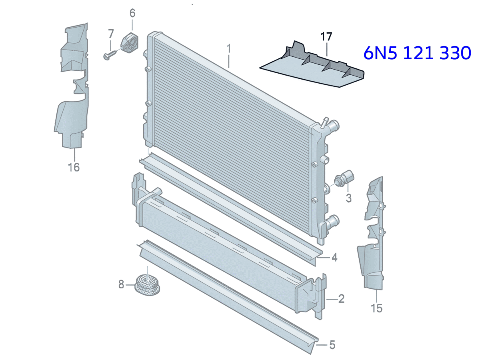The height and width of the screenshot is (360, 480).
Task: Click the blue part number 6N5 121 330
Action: point(417,53)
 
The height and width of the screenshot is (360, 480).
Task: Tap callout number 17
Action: point(326,37)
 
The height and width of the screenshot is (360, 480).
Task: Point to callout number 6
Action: point(132,13)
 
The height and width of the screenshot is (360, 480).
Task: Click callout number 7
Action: point(111,34)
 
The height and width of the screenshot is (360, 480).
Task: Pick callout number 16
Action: point(74,167)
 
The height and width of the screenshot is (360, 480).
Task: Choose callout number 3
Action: point(348,198)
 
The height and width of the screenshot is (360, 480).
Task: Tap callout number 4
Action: point(334,258)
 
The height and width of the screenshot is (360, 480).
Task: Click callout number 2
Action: point(341,299)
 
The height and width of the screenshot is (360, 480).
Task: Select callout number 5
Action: point(332,345)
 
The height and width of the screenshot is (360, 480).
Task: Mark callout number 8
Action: point(121,284)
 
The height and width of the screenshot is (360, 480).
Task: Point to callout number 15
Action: point(376,308)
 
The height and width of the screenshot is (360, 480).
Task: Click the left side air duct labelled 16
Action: point(72,85)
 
